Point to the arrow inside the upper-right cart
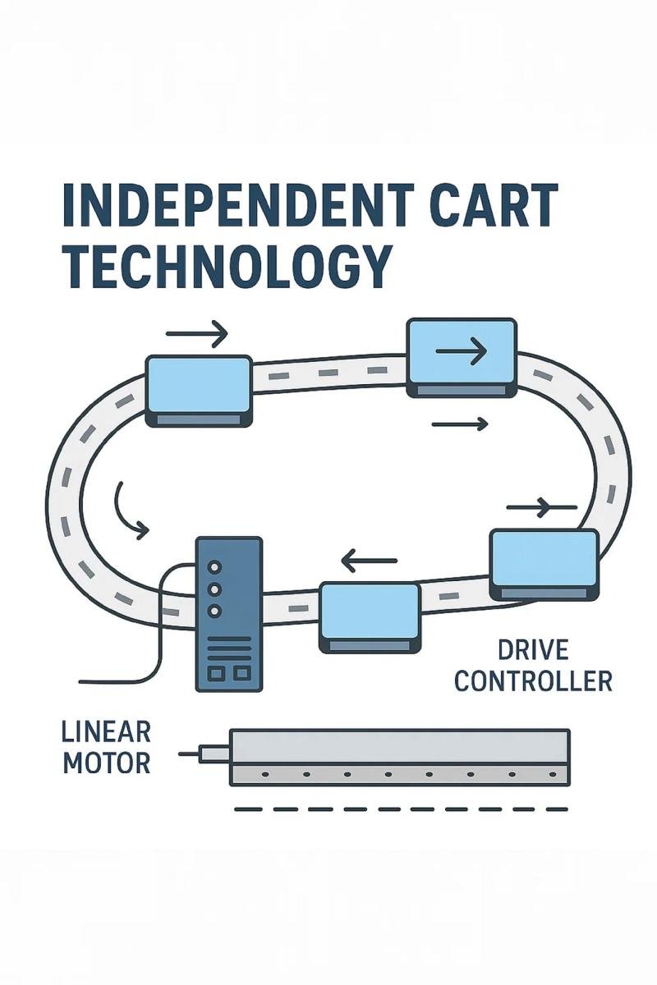coord(462,352)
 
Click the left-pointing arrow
coord(369,562)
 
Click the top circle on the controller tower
coord(215,567)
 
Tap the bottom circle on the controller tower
coord(215,611)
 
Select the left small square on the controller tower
coord(216,673)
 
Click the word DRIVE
coord(533,651)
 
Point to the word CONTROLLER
coord(533,680)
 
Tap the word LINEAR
coord(106,732)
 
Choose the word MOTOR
coord(107,763)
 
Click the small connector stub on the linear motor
coord(214,752)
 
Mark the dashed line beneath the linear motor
coord(401,809)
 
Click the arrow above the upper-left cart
coord(196,334)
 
